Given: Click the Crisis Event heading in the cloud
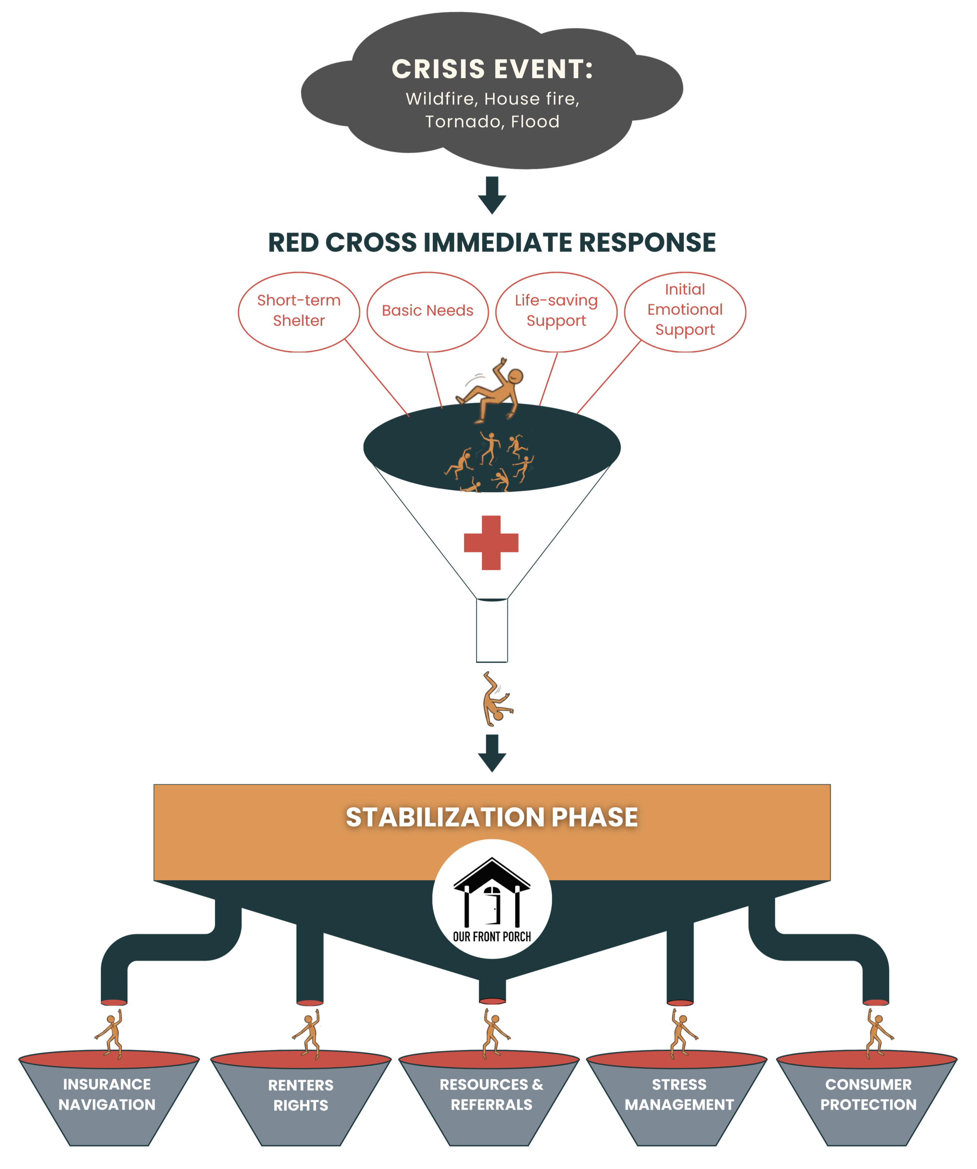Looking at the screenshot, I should (492, 70).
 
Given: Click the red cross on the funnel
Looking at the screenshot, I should (491, 543).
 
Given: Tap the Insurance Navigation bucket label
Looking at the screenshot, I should (107, 1094).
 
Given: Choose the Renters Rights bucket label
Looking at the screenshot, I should (301, 1095).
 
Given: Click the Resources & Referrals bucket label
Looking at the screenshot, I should (491, 1094).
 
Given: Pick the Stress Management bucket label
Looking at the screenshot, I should (679, 1094).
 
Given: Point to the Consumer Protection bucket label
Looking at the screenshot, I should (868, 1094).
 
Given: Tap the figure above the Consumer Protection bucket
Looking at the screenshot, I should (877, 1034).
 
